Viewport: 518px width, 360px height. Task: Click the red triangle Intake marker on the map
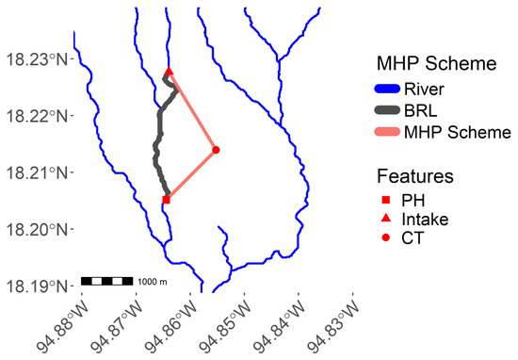point(169,72)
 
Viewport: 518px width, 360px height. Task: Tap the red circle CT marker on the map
point(216,150)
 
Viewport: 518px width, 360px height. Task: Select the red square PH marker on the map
point(166,200)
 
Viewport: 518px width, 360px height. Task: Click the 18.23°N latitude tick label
point(37,60)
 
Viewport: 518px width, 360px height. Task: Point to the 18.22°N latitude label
point(37,116)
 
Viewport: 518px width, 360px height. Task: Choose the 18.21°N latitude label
point(37,172)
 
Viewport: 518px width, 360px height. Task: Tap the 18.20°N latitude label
point(37,229)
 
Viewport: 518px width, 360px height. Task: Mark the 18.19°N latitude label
point(37,286)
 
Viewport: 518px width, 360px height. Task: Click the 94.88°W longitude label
point(63,327)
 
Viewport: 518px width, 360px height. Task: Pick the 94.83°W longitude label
point(333,327)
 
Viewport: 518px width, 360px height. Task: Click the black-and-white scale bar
point(107,282)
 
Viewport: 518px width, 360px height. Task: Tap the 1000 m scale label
point(153,282)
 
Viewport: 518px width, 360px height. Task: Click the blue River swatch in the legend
point(387,89)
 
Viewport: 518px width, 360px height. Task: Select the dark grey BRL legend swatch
point(387,110)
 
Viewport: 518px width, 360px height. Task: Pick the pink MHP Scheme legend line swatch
point(387,132)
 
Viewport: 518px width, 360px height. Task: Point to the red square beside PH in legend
point(386,200)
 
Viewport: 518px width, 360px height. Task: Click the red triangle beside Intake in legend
point(386,219)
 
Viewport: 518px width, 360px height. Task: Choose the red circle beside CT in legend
point(386,237)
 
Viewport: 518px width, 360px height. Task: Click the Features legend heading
point(415,176)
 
